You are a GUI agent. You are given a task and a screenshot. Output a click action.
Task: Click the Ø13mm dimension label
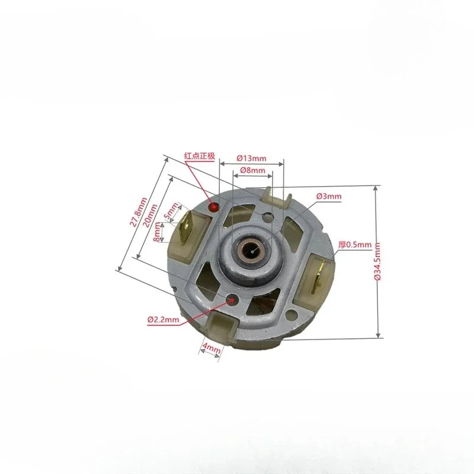(251, 158)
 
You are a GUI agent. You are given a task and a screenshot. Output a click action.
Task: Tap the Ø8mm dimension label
(253, 170)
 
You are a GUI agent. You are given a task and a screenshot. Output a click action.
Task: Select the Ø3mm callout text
(329, 196)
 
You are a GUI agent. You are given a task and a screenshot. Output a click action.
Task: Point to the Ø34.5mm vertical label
(377, 262)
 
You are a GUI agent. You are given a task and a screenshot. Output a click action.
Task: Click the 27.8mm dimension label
(138, 212)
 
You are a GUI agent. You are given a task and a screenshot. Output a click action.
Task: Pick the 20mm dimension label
(150, 216)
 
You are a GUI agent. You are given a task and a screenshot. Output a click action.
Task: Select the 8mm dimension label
(156, 232)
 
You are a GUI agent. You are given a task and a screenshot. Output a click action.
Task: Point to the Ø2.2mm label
(164, 319)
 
